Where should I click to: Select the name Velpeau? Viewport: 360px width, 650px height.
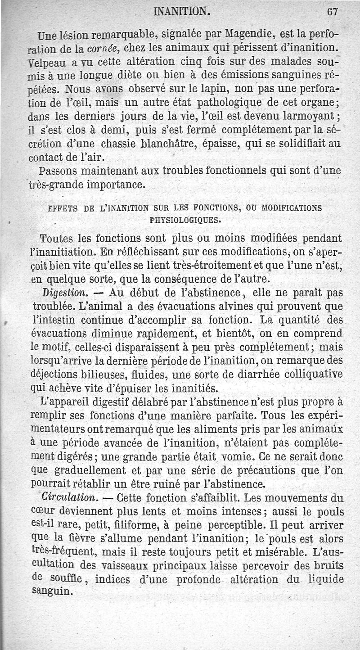[48, 60]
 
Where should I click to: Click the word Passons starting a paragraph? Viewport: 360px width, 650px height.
[59, 172]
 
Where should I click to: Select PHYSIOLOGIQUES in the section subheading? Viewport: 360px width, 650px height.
[185, 221]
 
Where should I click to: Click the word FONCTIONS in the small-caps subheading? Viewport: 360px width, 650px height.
[218, 208]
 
